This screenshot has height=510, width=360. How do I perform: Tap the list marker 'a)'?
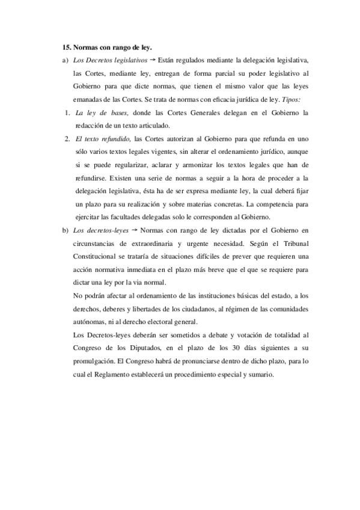coord(65,61)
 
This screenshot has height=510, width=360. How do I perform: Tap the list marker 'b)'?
coord(65,230)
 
